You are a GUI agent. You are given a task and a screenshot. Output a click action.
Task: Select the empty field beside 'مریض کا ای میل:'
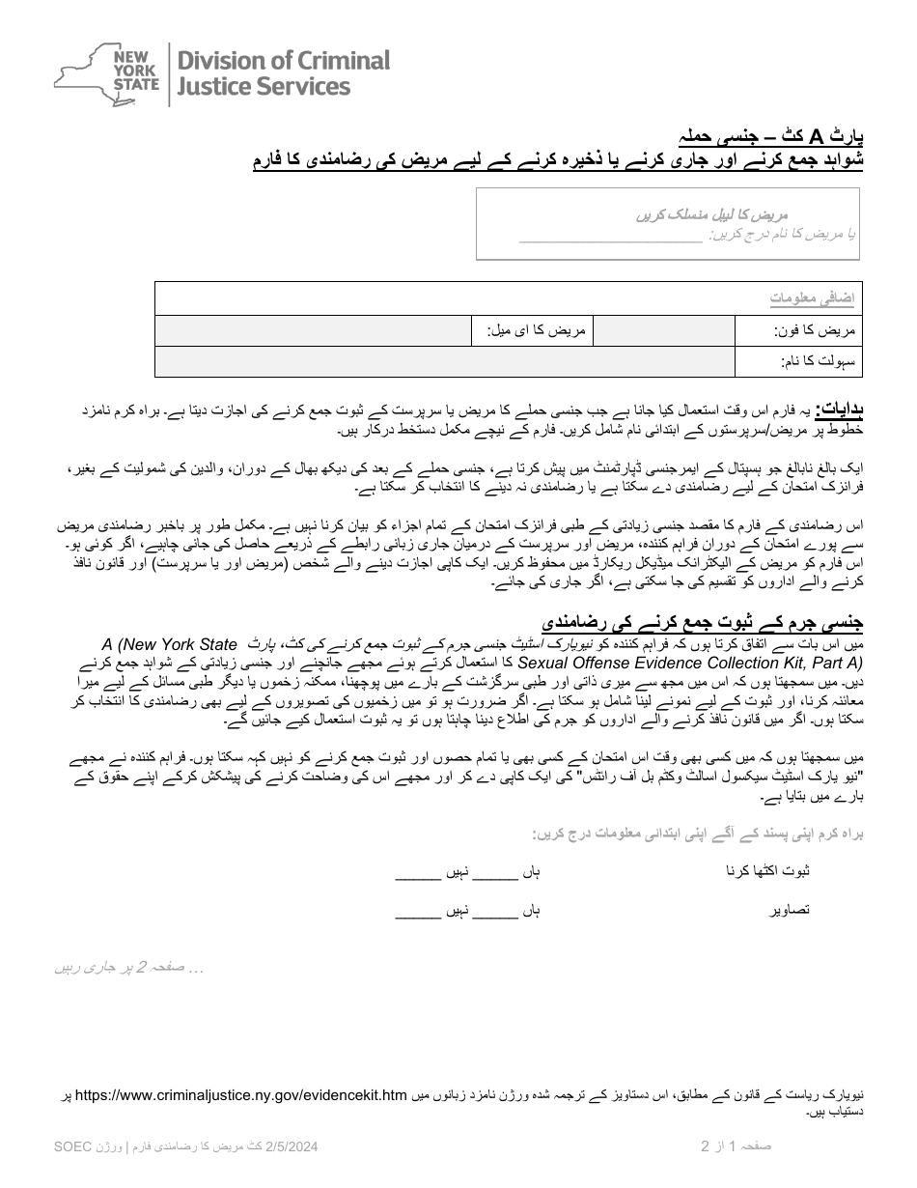tap(313, 331)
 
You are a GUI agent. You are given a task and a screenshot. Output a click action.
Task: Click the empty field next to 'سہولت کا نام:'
tap(444, 362)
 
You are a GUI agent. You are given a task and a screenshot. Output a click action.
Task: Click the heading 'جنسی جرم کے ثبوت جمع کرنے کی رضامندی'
tap(702, 623)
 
